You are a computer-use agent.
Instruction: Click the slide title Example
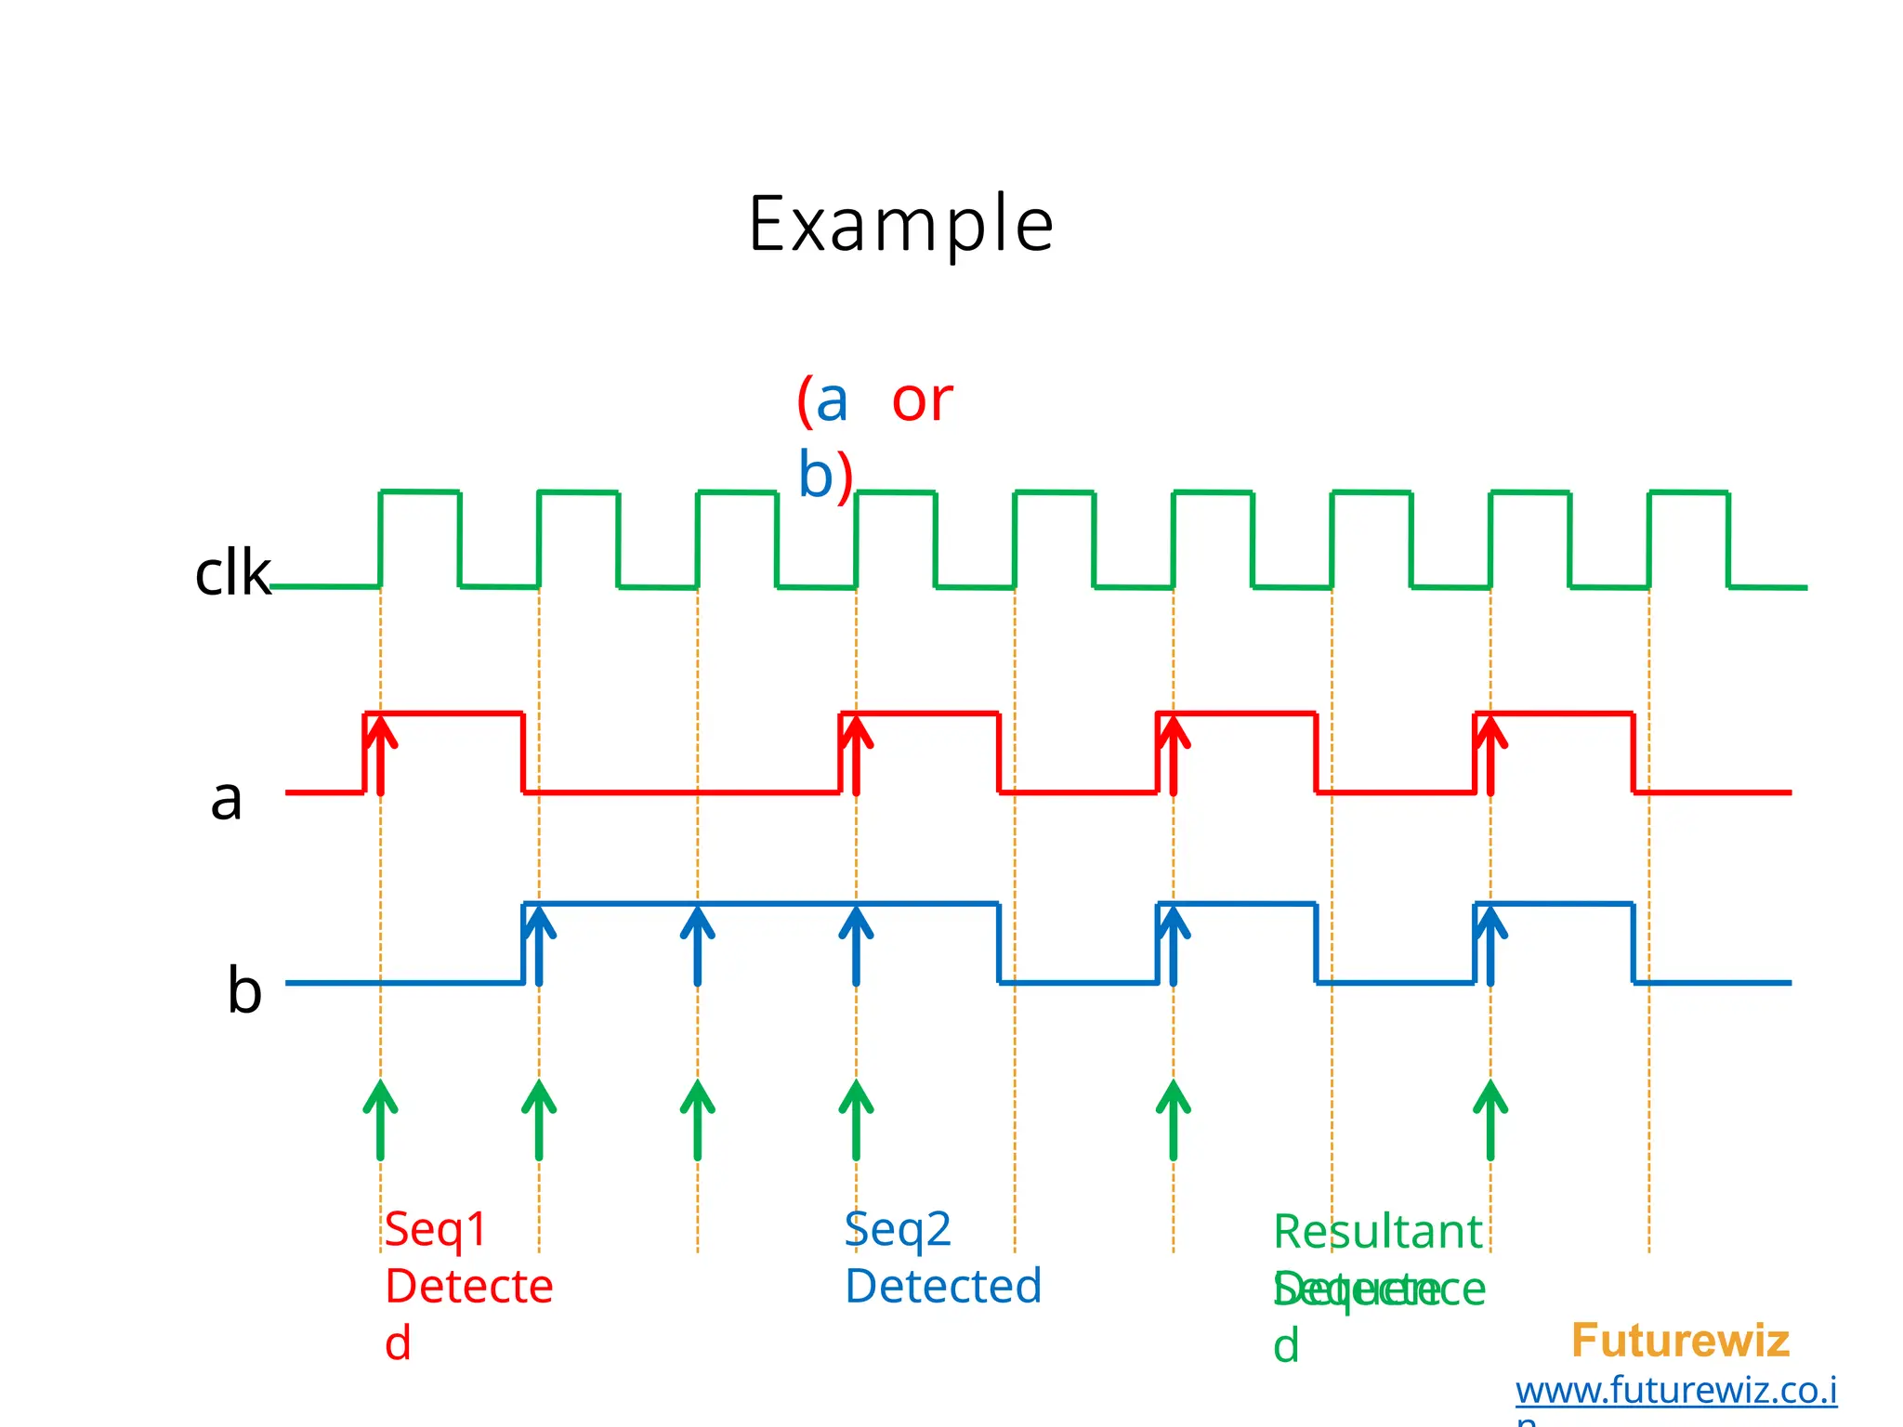[x=900, y=224]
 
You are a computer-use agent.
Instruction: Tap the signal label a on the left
[x=226, y=798]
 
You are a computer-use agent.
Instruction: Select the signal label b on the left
[x=244, y=989]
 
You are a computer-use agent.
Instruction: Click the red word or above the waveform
[x=922, y=401]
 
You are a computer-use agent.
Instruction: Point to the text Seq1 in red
[x=436, y=1229]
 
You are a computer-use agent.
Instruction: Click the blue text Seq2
[x=898, y=1229]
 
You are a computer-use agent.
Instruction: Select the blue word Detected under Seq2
[x=942, y=1287]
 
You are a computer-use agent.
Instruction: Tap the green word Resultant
[x=1377, y=1232]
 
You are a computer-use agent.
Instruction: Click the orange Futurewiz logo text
[x=1679, y=1341]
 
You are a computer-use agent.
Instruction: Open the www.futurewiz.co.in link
[x=1675, y=1391]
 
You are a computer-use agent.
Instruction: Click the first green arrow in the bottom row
[x=380, y=1119]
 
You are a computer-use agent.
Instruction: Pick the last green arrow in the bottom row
[x=1490, y=1119]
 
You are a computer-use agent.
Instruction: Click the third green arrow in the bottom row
[x=697, y=1119]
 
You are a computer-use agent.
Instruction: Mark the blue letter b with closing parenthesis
[x=825, y=476]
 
